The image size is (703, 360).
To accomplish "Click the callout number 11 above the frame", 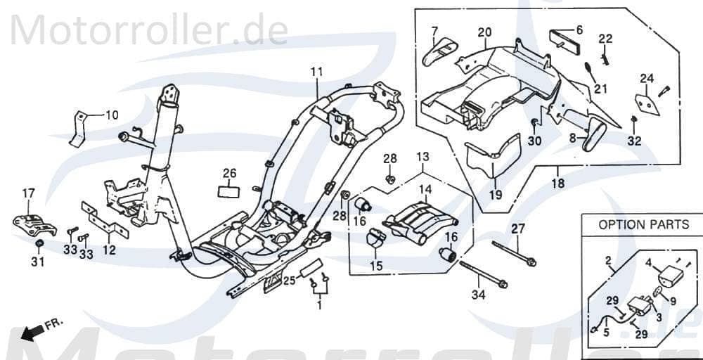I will [316, 72].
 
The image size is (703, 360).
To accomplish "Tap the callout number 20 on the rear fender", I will [484, 32].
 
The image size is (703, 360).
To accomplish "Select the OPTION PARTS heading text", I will [643, 225].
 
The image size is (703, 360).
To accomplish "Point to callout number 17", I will [28, 193].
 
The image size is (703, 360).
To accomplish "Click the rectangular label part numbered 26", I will [228, 190].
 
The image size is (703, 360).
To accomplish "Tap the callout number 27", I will [518, 228].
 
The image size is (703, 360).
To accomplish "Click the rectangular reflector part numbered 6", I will [562, 37].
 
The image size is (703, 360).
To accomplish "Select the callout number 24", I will [647, 78].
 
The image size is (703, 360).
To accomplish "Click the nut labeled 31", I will [40, 243].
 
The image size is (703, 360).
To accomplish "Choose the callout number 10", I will [112, 115].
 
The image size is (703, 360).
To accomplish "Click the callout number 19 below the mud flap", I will [496, 195].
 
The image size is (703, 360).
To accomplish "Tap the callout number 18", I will [556, 186].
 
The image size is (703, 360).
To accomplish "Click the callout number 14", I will [427, 189].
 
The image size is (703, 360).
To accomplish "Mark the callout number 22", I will [605, 38].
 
